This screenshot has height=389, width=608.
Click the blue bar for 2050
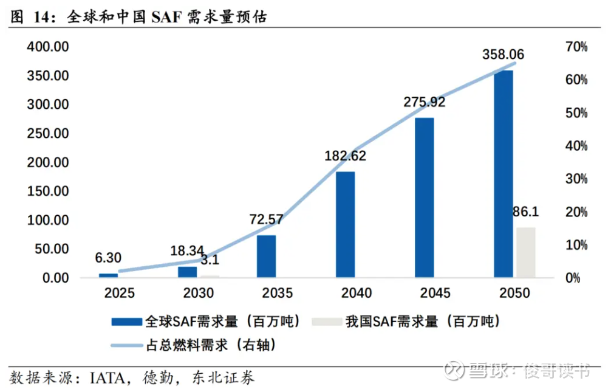point(503,174)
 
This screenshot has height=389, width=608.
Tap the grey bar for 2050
point(526,252)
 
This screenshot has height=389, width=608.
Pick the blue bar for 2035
point(266,256)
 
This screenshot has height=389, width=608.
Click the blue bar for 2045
point(425,198)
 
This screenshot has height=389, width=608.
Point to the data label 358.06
point(503,55)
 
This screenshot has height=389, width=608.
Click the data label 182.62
point(346,156)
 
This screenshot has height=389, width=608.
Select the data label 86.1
point(526,212)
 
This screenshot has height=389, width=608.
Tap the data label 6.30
point(108,258)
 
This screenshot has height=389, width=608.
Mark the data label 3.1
point(210,260)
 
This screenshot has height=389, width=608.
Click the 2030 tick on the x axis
point(199,293)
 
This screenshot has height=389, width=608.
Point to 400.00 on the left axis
point(48,47)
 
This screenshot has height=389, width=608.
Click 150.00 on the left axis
point(48,191)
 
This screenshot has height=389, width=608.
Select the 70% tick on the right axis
point(575,47)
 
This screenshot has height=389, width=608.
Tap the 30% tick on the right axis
point(575,179)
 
